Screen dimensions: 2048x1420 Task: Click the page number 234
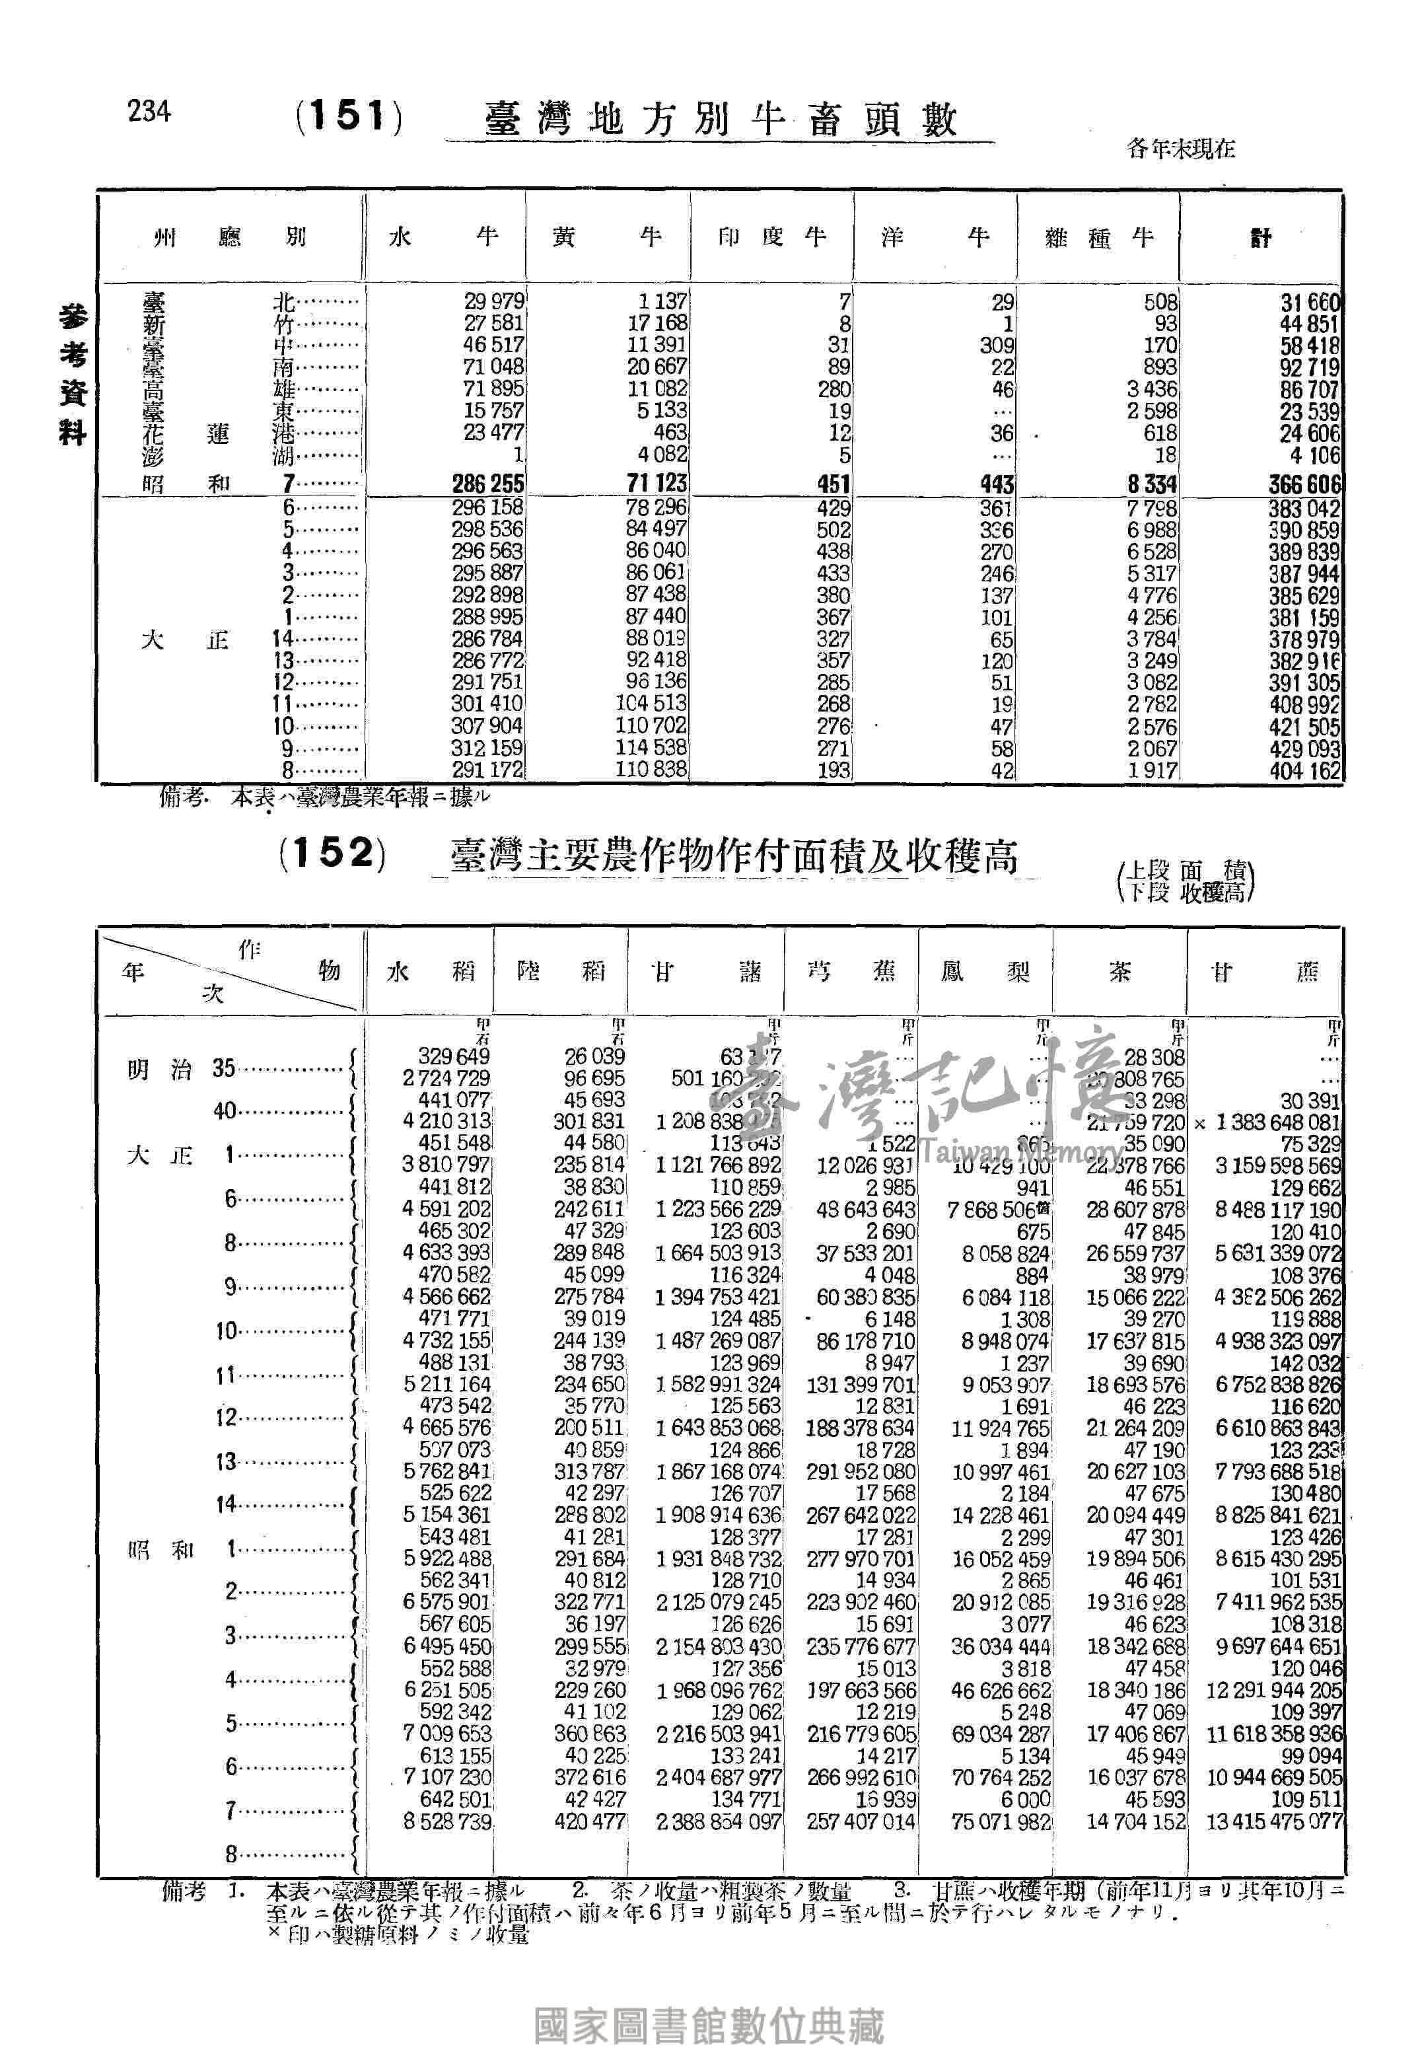coord(149,112)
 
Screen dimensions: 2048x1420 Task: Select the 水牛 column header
coord(443,238)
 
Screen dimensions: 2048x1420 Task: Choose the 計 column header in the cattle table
coord(1261,238)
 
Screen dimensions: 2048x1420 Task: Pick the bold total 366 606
coord(1304,485)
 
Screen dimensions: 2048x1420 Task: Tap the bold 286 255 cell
coord(487,484)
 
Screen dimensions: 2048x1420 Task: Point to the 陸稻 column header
coord(561,971)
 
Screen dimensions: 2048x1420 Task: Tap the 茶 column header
coord(1119,971)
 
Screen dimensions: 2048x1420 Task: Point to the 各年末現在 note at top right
coord(1181,149)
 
